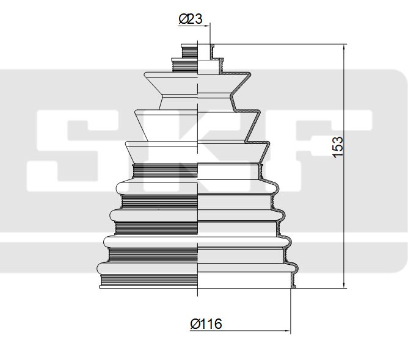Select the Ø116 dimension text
(x=206, y=324)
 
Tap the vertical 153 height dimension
(x=338, y=147)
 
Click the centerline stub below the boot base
(x=199, y=292)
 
